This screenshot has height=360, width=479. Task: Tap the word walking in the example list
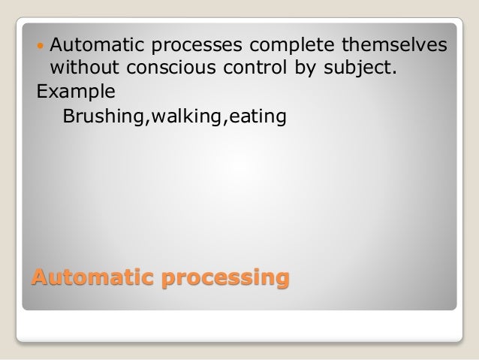[x=167, y=118]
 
